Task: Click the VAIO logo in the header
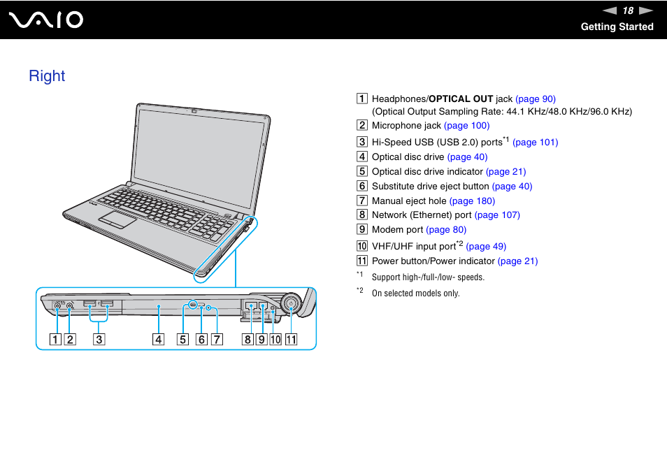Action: pos(46,20)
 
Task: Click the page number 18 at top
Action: pos(628,10)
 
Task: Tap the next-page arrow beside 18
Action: pos(645,10)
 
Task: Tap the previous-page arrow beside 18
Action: pos(610,10)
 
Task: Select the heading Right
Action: pos(47,75)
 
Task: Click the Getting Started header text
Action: pos(617,27)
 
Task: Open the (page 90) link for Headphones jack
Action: pos(536,99)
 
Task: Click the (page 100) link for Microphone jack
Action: pos(466,125)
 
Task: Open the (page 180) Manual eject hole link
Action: pos(472,201)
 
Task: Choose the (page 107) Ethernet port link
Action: pos(497,215)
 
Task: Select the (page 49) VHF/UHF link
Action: pos(486,246)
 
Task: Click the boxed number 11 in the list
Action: pos(362,261)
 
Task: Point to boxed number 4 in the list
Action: pos(362,157)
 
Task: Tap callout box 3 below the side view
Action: pos(99,340)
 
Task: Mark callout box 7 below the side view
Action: pos(217,340)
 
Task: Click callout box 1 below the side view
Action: pos(55,340)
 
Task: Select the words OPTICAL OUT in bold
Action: pos(461,99)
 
